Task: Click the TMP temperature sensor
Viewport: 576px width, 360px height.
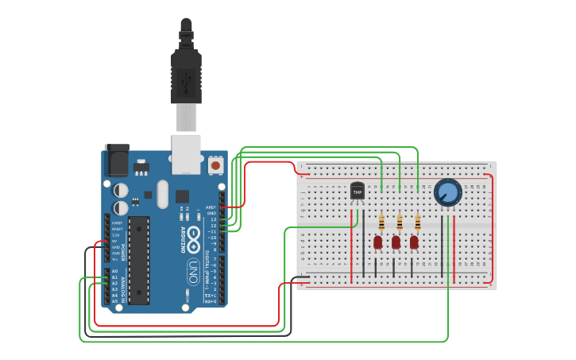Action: pyautogui.click(x=357, y=192)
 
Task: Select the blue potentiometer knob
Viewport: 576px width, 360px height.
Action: pyautogui.click(x=447, y=192)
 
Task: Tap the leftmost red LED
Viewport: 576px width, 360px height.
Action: pyautogui.click(x=378, y=242)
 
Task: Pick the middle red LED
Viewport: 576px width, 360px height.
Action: pyautogui.click(x=396, y=242)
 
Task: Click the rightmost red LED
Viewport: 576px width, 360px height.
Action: pyautogui.click(x=414, y=242)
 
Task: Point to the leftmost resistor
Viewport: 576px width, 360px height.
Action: pyautogui.click(x=381, y=223)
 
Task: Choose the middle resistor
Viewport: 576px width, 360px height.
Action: pyautogui.click(x=399, y=223)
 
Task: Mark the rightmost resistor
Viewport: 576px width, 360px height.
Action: pyautogui.click(x=417, y=223)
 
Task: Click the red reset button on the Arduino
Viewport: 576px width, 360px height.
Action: pyautogui.click(x=215, y=165)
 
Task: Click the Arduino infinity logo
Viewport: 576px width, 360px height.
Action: pyautogui.click(x=193, y=235)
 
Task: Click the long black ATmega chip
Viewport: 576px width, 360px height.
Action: pyautogui.click(x=139, y=260)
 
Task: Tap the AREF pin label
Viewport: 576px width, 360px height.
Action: pyautogui.click(x=211, y=207)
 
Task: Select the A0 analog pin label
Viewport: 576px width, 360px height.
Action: pyautogui.click(x=114, y=271)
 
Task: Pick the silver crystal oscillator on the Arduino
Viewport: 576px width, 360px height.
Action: pyautogui.click(x=163, y=193)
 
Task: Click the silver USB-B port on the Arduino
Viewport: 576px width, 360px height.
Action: pyautogui.click(x=186, y=153)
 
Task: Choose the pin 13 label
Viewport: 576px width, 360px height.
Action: pyautogui.click(x=212, y=219)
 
